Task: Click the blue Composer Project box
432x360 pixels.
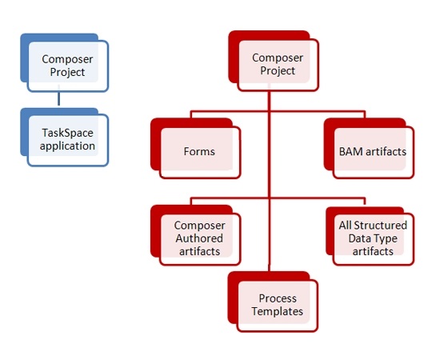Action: coord(65,62)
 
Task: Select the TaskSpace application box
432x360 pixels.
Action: coord(65,137)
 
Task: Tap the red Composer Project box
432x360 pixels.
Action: coord(274,61)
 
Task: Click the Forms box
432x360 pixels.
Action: coord(196,149)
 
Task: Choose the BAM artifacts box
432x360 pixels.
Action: coord(369,149)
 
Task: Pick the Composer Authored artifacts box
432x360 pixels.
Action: coord(196,235)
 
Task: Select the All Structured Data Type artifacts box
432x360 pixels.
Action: coord(370,236)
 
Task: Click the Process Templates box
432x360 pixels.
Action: coord(273,302)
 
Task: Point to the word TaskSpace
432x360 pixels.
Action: coord(67,133)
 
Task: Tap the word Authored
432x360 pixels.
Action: coord(199,238)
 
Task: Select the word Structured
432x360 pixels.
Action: coord(381,226)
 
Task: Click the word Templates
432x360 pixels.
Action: coord(278,311)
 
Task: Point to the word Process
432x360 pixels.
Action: coord(278,298)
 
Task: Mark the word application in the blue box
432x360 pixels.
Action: coord(67,146)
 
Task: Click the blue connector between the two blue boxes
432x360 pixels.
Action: coord(58,98)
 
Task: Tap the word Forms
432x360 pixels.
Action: coord(199,152)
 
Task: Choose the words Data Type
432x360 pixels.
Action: coord(373,238)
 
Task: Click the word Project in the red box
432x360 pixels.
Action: coord(278,71)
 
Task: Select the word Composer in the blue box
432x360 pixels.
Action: coord(67,59)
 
